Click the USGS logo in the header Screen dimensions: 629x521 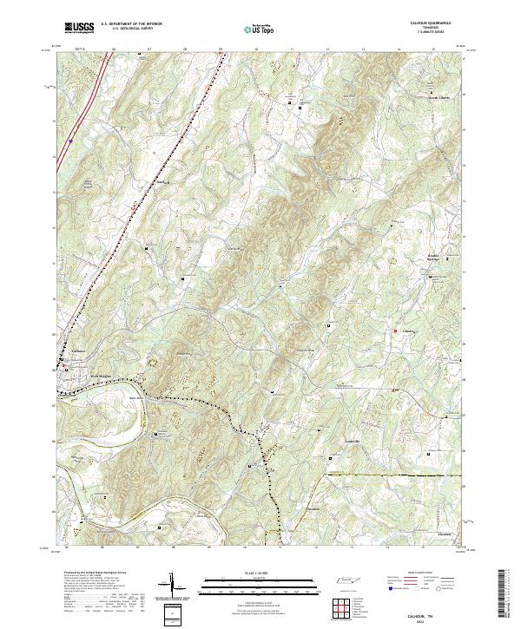click(x=79, y=28)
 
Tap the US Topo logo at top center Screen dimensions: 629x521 click(x=260, y=29)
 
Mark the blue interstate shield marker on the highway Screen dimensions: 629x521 click(x=70, y=140)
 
